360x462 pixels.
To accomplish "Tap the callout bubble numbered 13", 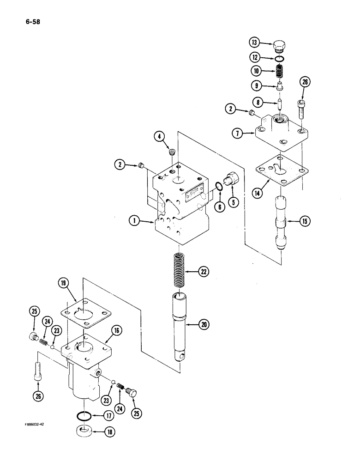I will tap(255, 43).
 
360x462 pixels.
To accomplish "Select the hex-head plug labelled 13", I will tap(280, 46).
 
